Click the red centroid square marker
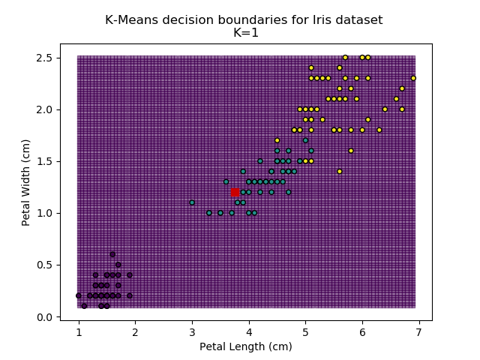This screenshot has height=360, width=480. [235, 193]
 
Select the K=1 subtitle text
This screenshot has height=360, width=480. [244, 33]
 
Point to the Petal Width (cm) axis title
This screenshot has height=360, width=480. [25, 182]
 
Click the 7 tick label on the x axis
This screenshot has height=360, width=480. [418, 331]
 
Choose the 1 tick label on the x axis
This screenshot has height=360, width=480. [79, 331]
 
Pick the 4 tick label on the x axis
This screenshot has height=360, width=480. [248, 331]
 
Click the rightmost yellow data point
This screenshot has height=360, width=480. [413, 78]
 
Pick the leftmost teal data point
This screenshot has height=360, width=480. [192, 202]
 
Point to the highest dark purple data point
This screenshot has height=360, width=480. [112, 254]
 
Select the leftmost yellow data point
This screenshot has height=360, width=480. [277, 140]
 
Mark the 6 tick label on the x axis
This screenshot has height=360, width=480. [361, 331]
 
